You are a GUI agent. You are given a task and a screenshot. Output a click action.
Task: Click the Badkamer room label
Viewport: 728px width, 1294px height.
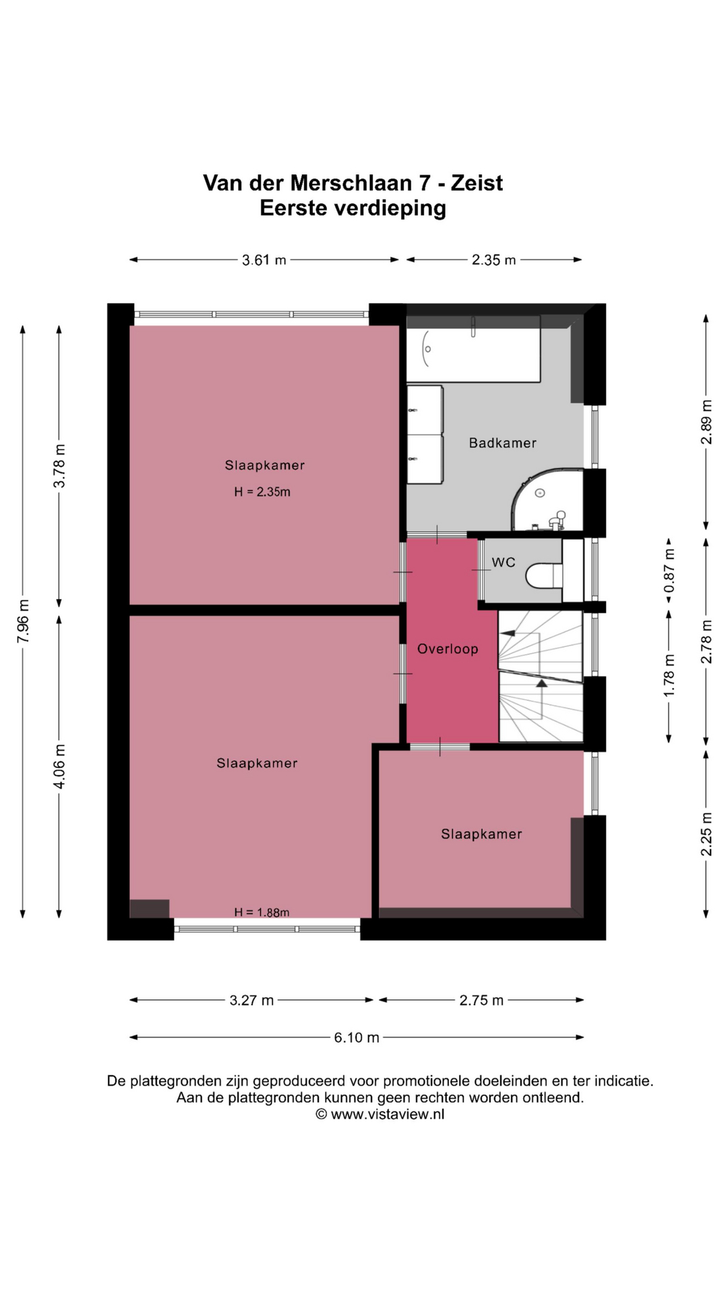pos(503,443)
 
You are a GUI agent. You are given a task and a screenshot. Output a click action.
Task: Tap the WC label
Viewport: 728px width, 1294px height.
pos(504,562)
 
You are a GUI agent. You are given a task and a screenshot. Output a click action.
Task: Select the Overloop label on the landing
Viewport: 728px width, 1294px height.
pos(448,649)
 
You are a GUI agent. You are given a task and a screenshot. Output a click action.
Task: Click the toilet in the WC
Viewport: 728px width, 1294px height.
pos(544,576)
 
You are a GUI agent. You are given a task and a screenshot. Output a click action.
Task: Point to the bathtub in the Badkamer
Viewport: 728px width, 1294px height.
pos(473,348)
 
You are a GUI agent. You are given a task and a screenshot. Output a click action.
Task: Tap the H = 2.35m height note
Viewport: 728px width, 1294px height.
pos(262,492)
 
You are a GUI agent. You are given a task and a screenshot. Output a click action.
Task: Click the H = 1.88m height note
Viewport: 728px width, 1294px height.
pos(262,913)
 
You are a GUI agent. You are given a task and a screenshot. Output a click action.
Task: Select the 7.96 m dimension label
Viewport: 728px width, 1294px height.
pos(23,621)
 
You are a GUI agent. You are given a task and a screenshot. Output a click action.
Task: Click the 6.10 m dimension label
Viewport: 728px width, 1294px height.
pos(357,1037)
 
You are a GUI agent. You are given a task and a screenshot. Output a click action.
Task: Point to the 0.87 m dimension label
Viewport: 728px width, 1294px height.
pos(669,570)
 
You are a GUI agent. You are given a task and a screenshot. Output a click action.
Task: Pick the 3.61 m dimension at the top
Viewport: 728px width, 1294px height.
pos(264,259)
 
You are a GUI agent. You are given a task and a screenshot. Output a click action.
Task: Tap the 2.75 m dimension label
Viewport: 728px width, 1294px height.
pos(481,1000)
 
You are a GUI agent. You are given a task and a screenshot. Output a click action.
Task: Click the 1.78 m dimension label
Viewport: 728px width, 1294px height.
pos(669,676)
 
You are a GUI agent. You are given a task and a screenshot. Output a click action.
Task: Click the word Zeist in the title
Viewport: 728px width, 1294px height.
pos(477,183)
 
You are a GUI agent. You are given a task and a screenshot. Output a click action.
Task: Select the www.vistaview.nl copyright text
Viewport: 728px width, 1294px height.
pos(380,1114)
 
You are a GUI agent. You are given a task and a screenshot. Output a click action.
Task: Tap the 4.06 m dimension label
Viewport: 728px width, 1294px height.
pos(59,766)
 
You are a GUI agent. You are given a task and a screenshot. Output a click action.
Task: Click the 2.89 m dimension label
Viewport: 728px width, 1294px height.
pos(706,422)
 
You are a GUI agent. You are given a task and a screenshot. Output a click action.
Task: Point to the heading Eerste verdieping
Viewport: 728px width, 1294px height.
pos(353,208)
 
